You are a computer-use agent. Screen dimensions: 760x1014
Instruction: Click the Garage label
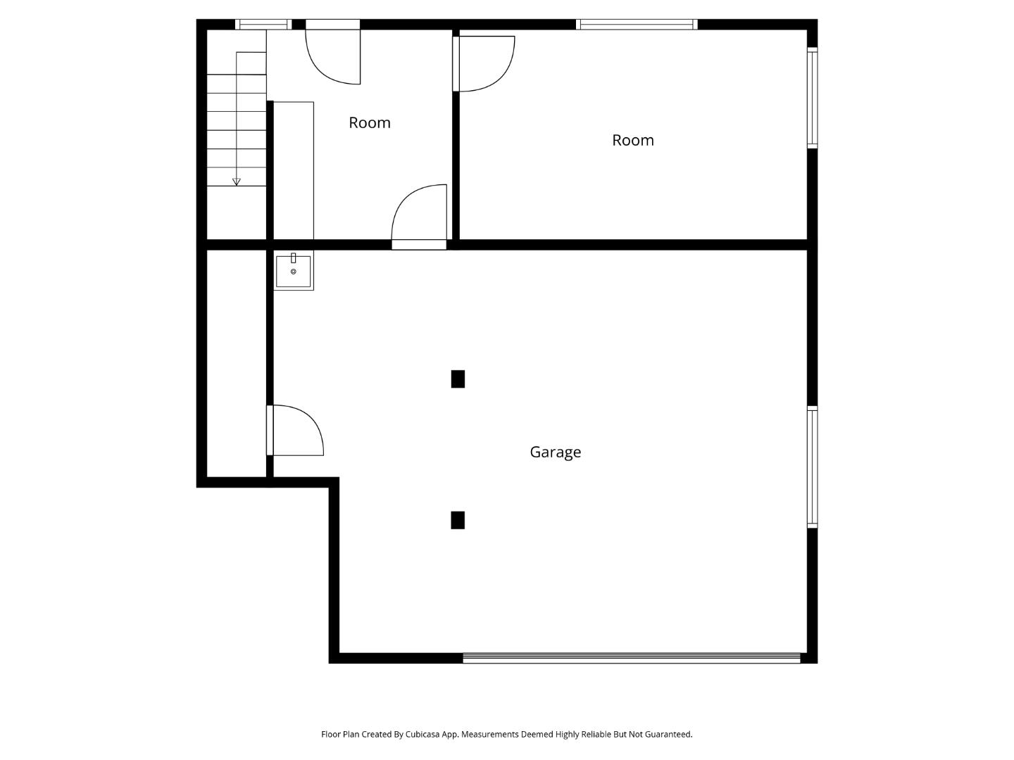(x=555, y=452)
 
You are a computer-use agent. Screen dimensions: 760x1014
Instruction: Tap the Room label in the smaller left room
(x=369, y=122)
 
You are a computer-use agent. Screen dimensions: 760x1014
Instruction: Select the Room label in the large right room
(x=632, y=140)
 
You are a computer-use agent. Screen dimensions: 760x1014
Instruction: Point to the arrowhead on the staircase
(x=237, y=182)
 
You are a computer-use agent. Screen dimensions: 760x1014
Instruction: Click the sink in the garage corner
(x=294, y=272)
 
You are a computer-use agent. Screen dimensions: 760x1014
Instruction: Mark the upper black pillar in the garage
(x=458, y=379)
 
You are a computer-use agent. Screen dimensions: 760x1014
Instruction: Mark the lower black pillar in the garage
(x=458, y=520)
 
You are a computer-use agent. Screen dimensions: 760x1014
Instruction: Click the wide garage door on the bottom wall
(x=632, y=659)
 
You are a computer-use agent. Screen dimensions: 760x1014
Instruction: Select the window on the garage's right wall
(x=812, y=467)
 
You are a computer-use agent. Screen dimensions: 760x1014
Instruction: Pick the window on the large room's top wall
(x=637, y=25)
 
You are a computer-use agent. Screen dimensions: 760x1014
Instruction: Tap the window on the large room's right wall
(x=812, y=98)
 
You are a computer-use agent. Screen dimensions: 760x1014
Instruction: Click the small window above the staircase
(x=263, y=25)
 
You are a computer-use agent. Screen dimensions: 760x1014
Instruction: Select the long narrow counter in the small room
(x=293, y=170)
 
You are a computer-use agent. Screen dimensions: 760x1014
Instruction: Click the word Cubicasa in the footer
(x=423, y=734)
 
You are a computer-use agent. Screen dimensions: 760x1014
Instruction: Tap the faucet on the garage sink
(x=294, y=258)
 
